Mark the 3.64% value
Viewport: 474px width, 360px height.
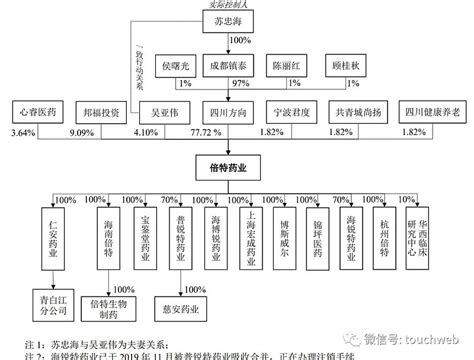[x=15, y=132]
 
